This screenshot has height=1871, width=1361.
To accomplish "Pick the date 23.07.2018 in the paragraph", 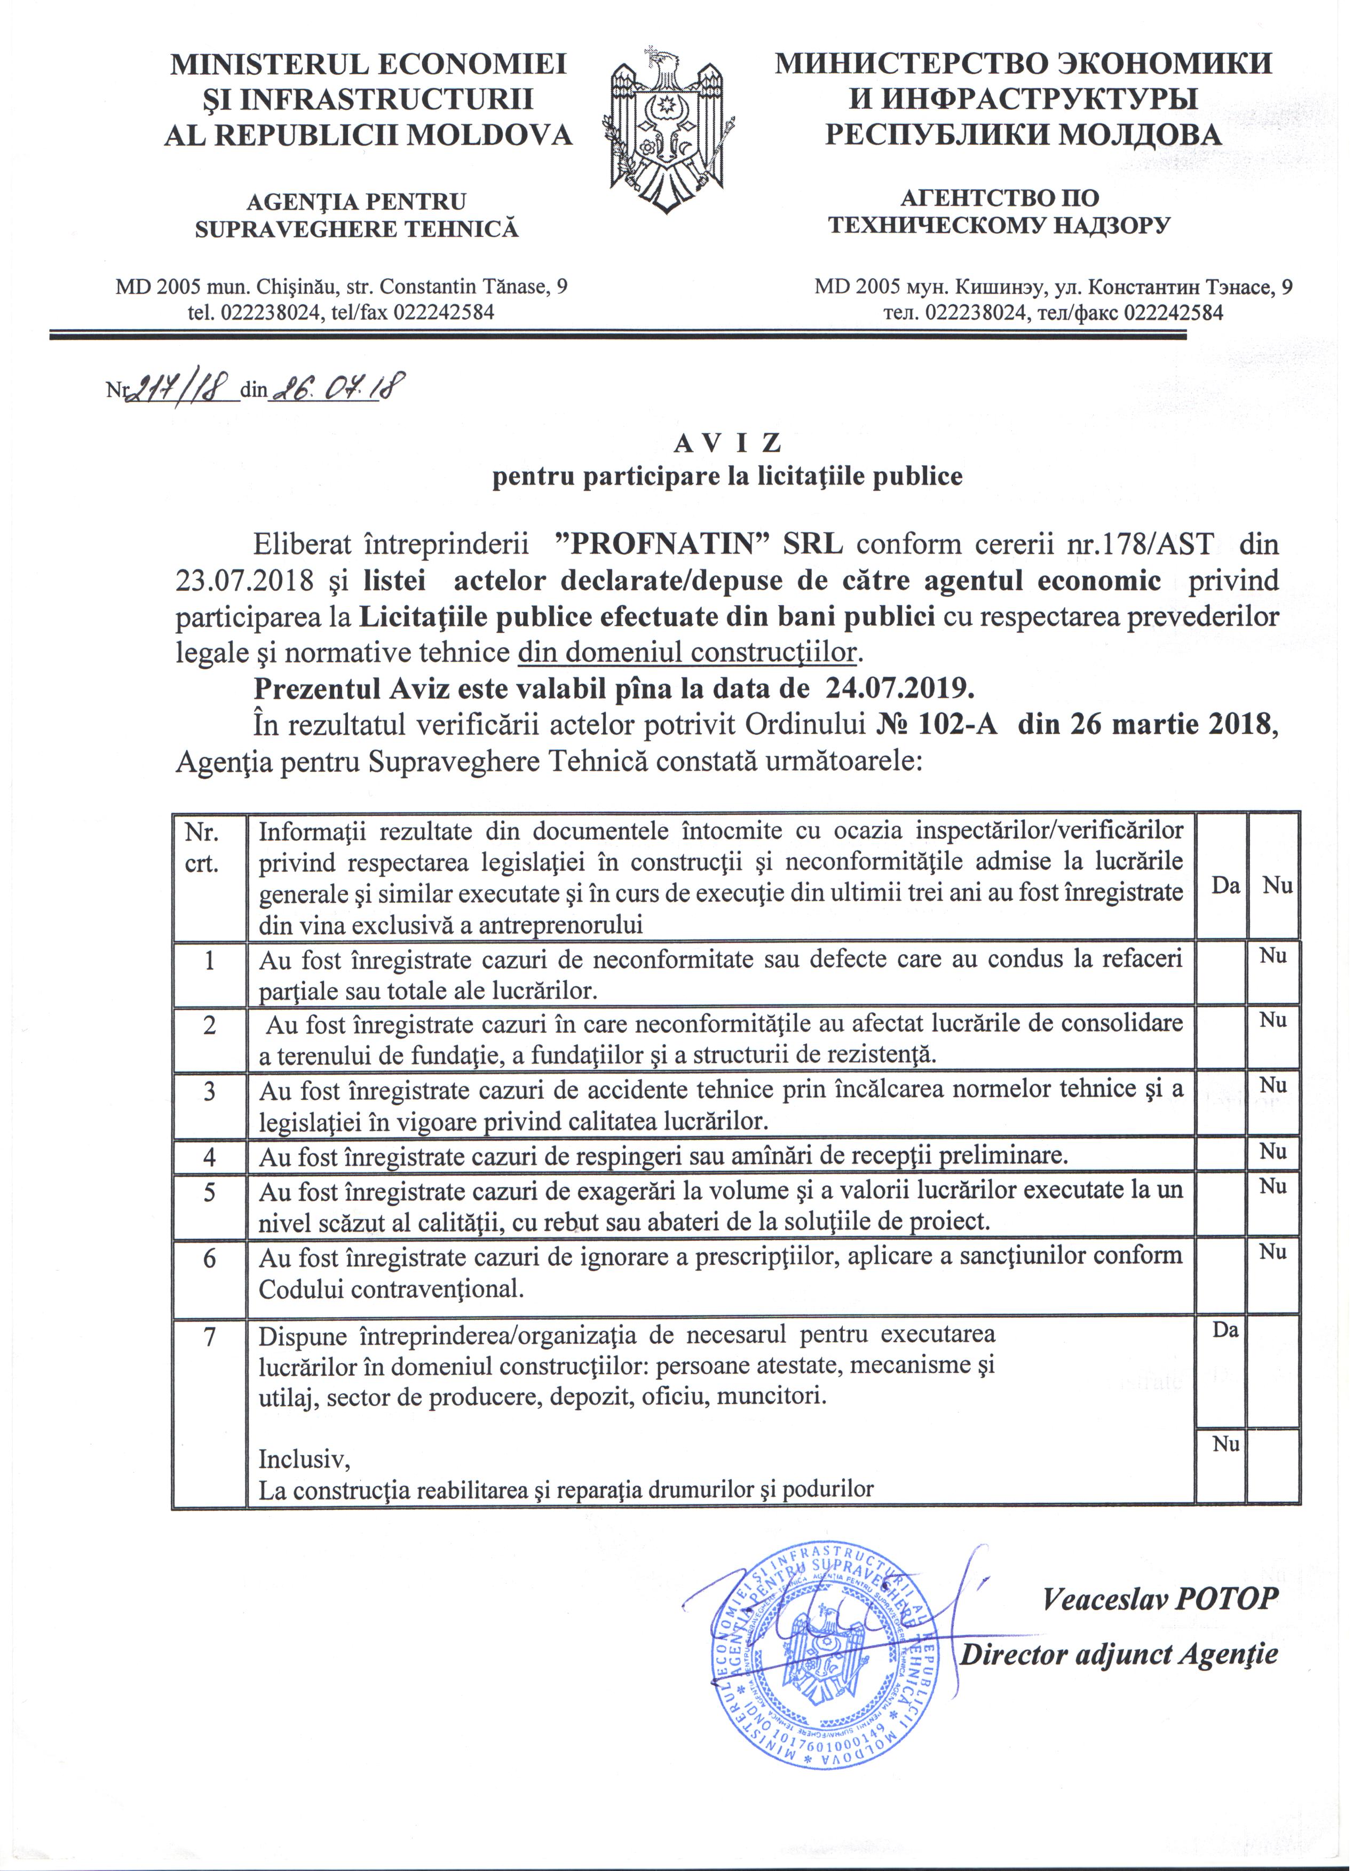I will [244, 581].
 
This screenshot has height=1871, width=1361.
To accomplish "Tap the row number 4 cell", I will [210, 1156].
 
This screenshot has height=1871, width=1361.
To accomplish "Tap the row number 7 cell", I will [210, 1336].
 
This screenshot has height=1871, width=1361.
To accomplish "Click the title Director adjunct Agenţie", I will [1119, 1654].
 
